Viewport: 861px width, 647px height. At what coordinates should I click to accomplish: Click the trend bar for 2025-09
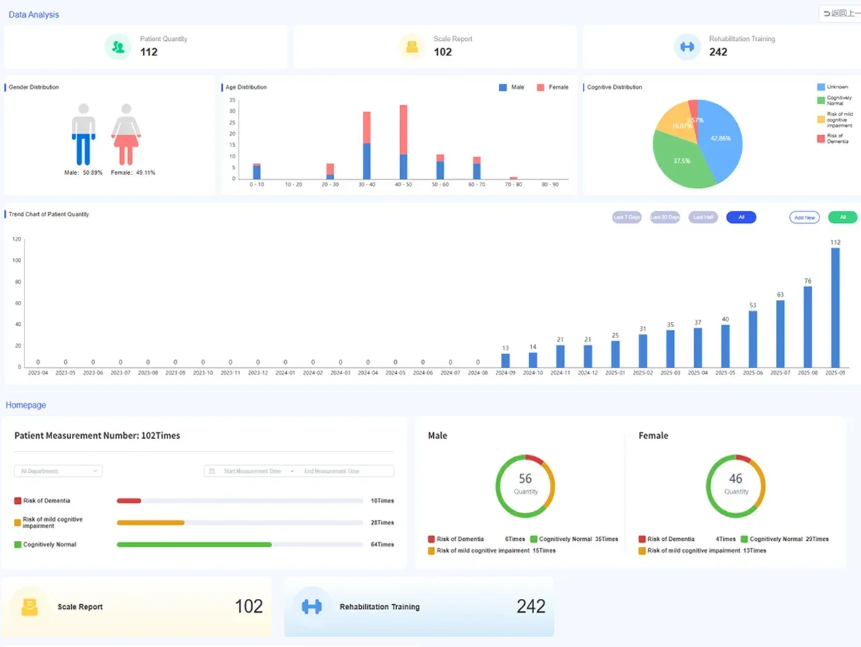(835, 307)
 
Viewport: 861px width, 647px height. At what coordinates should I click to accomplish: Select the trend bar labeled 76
(808, 326)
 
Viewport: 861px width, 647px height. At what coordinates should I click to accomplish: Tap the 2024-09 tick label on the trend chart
(505, 373)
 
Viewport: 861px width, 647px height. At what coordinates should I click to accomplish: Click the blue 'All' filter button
(741, 217)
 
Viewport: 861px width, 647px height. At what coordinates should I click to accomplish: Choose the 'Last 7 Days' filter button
(626, 217)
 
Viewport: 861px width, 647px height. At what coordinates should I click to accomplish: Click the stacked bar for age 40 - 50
(403, 142)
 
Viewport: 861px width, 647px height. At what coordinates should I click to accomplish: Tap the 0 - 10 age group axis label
(256, 185)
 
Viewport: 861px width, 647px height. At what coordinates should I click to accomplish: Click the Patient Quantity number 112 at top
(149, 52)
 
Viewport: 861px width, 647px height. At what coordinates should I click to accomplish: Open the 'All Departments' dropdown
(58, 471)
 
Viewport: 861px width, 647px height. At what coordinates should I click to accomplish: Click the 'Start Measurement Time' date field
(252, 471)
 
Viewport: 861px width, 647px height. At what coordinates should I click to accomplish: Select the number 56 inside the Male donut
(525, 479)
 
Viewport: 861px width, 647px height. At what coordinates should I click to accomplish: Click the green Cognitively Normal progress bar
(194, 545)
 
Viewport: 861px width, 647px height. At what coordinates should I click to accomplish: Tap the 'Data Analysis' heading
(34, 15)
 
